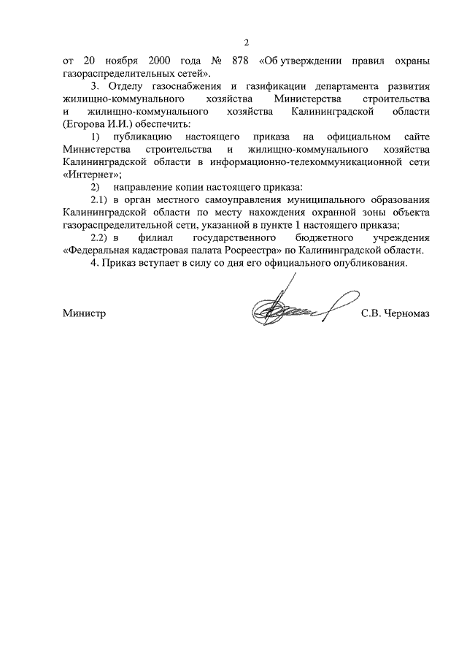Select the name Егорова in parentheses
[86, 124]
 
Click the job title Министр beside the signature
[85, 313]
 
